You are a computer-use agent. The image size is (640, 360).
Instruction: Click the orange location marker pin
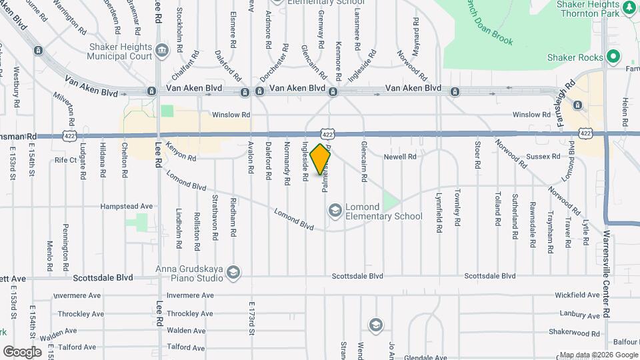(x=321, y=159)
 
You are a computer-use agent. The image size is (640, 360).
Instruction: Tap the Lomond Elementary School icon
(x=335, y=211)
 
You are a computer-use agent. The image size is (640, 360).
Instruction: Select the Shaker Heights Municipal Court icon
(x=161, y=51)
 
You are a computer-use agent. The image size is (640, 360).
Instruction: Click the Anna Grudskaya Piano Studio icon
(x=233, y=272)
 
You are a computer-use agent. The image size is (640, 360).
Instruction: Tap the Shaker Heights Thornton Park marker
(x=629, y=9)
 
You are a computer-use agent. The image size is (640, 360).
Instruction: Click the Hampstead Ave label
(x=127, y=207)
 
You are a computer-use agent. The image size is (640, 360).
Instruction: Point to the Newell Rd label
(x=400, y=157)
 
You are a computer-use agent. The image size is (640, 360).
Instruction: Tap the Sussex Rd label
(x=546, y=157)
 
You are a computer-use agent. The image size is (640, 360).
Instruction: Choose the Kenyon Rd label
(x=181, y=153)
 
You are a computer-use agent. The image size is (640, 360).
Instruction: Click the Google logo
(x=23, y=351)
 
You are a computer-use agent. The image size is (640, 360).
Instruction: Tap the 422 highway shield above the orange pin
(x=327, y=135)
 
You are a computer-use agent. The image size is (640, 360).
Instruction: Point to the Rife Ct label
(x=66, y=160)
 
